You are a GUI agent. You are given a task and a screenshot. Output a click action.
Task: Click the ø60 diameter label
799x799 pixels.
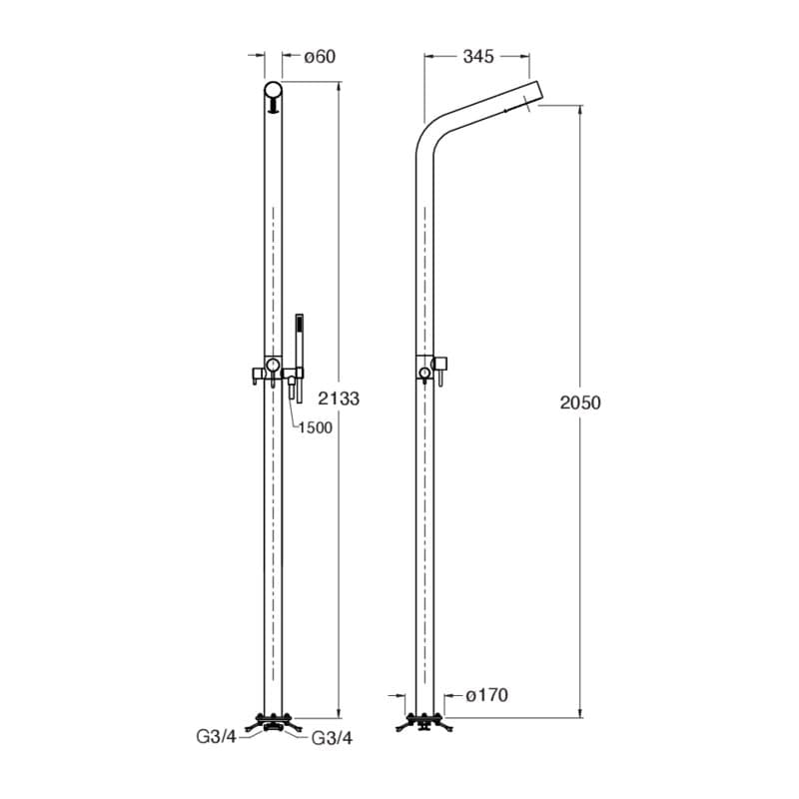point(320,57)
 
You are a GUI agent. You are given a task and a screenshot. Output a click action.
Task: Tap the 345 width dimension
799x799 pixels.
point(478,57)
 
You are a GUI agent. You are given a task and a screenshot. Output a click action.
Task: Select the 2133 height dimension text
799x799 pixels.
point(339,398)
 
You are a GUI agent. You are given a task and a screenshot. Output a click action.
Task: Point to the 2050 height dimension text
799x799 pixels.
point(580,402)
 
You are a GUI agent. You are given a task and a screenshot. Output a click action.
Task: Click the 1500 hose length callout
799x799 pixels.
point(315,427)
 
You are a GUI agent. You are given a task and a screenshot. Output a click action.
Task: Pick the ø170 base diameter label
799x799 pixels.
point(487,695)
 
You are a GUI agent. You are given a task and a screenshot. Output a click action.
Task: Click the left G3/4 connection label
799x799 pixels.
point(217,736)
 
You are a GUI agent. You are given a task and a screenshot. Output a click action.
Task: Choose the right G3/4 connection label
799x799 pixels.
point(332,738)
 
